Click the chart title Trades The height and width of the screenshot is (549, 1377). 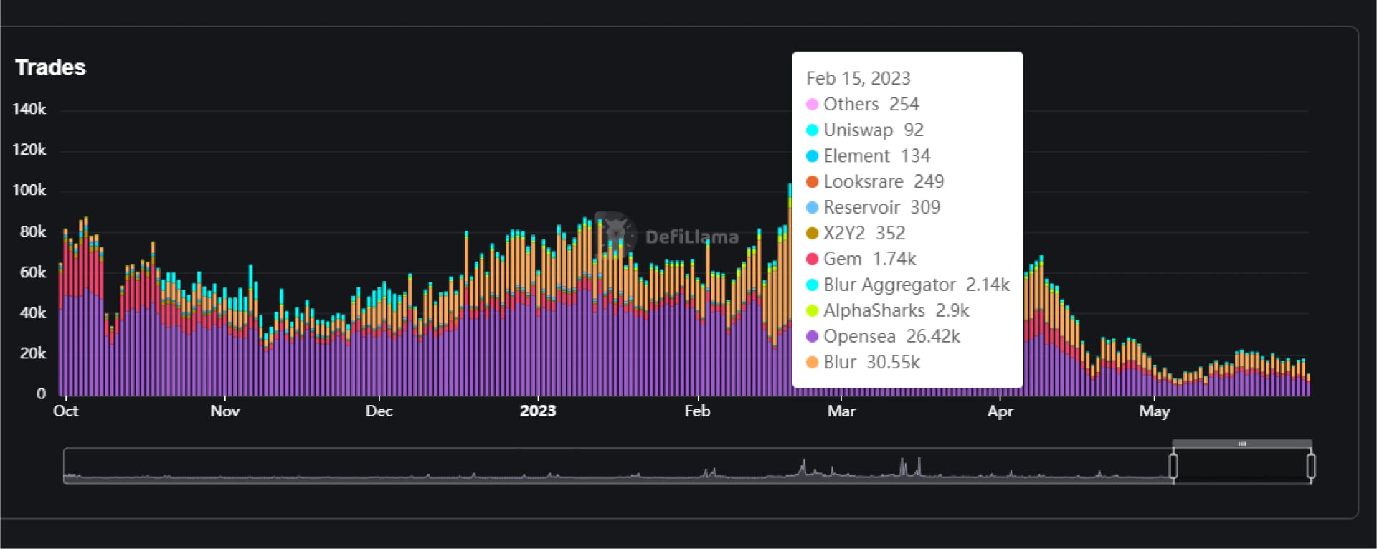pos(50,67)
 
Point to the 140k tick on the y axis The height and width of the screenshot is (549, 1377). pos(29,109)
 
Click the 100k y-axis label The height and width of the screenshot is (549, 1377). pos(29,190)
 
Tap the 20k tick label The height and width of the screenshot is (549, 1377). pos(32,353)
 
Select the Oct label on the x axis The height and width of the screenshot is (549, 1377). pos(65,411)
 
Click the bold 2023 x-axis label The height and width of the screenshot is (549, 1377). pos(538,411)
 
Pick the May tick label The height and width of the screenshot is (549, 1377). pos(1154,411)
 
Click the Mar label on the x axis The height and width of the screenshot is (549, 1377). pos(841,411)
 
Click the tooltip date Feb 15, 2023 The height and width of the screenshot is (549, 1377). pos(858,78)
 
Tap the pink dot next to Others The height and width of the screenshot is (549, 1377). pos(812,105)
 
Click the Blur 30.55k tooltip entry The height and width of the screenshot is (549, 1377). pos(871,362)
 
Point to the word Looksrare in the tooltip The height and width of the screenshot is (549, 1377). pos(863,181)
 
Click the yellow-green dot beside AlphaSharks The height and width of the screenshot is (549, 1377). pos(812,310)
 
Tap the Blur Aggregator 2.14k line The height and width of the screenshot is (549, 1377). pos(916,285)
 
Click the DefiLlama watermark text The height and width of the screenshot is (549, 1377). pos(691,237)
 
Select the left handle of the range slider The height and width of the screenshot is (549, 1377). pos(1173,466)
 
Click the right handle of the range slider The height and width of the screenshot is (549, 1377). pos(1310,466)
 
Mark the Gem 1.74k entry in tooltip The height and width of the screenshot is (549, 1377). pos(869,259)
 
